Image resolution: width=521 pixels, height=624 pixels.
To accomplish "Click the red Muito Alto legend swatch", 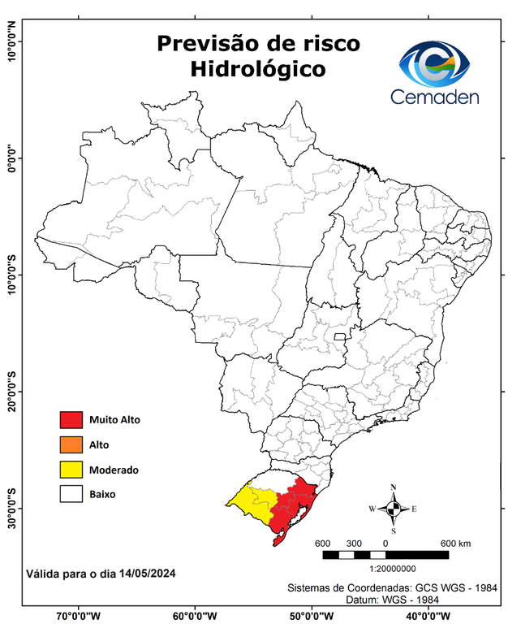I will pos(71,420).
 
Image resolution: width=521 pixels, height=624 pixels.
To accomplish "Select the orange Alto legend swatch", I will pos(71,444).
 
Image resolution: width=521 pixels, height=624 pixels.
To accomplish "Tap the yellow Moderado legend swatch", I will pos(71,470).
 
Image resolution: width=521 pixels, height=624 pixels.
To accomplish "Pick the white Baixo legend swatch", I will pos(71,494).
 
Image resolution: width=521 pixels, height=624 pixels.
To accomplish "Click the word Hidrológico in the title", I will pos(258,70).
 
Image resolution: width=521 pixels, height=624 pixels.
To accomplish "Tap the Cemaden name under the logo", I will pos(435,97).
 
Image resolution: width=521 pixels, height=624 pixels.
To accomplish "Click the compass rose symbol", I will pos(393,509).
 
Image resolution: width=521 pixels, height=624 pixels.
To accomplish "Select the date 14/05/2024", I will pos(147,574).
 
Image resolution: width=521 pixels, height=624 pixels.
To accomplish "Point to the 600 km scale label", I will pos(455,544).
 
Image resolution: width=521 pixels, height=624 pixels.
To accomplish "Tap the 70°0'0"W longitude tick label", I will pos(79,616).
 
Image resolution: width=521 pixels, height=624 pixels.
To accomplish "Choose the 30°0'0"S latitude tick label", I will pos(11,508).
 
